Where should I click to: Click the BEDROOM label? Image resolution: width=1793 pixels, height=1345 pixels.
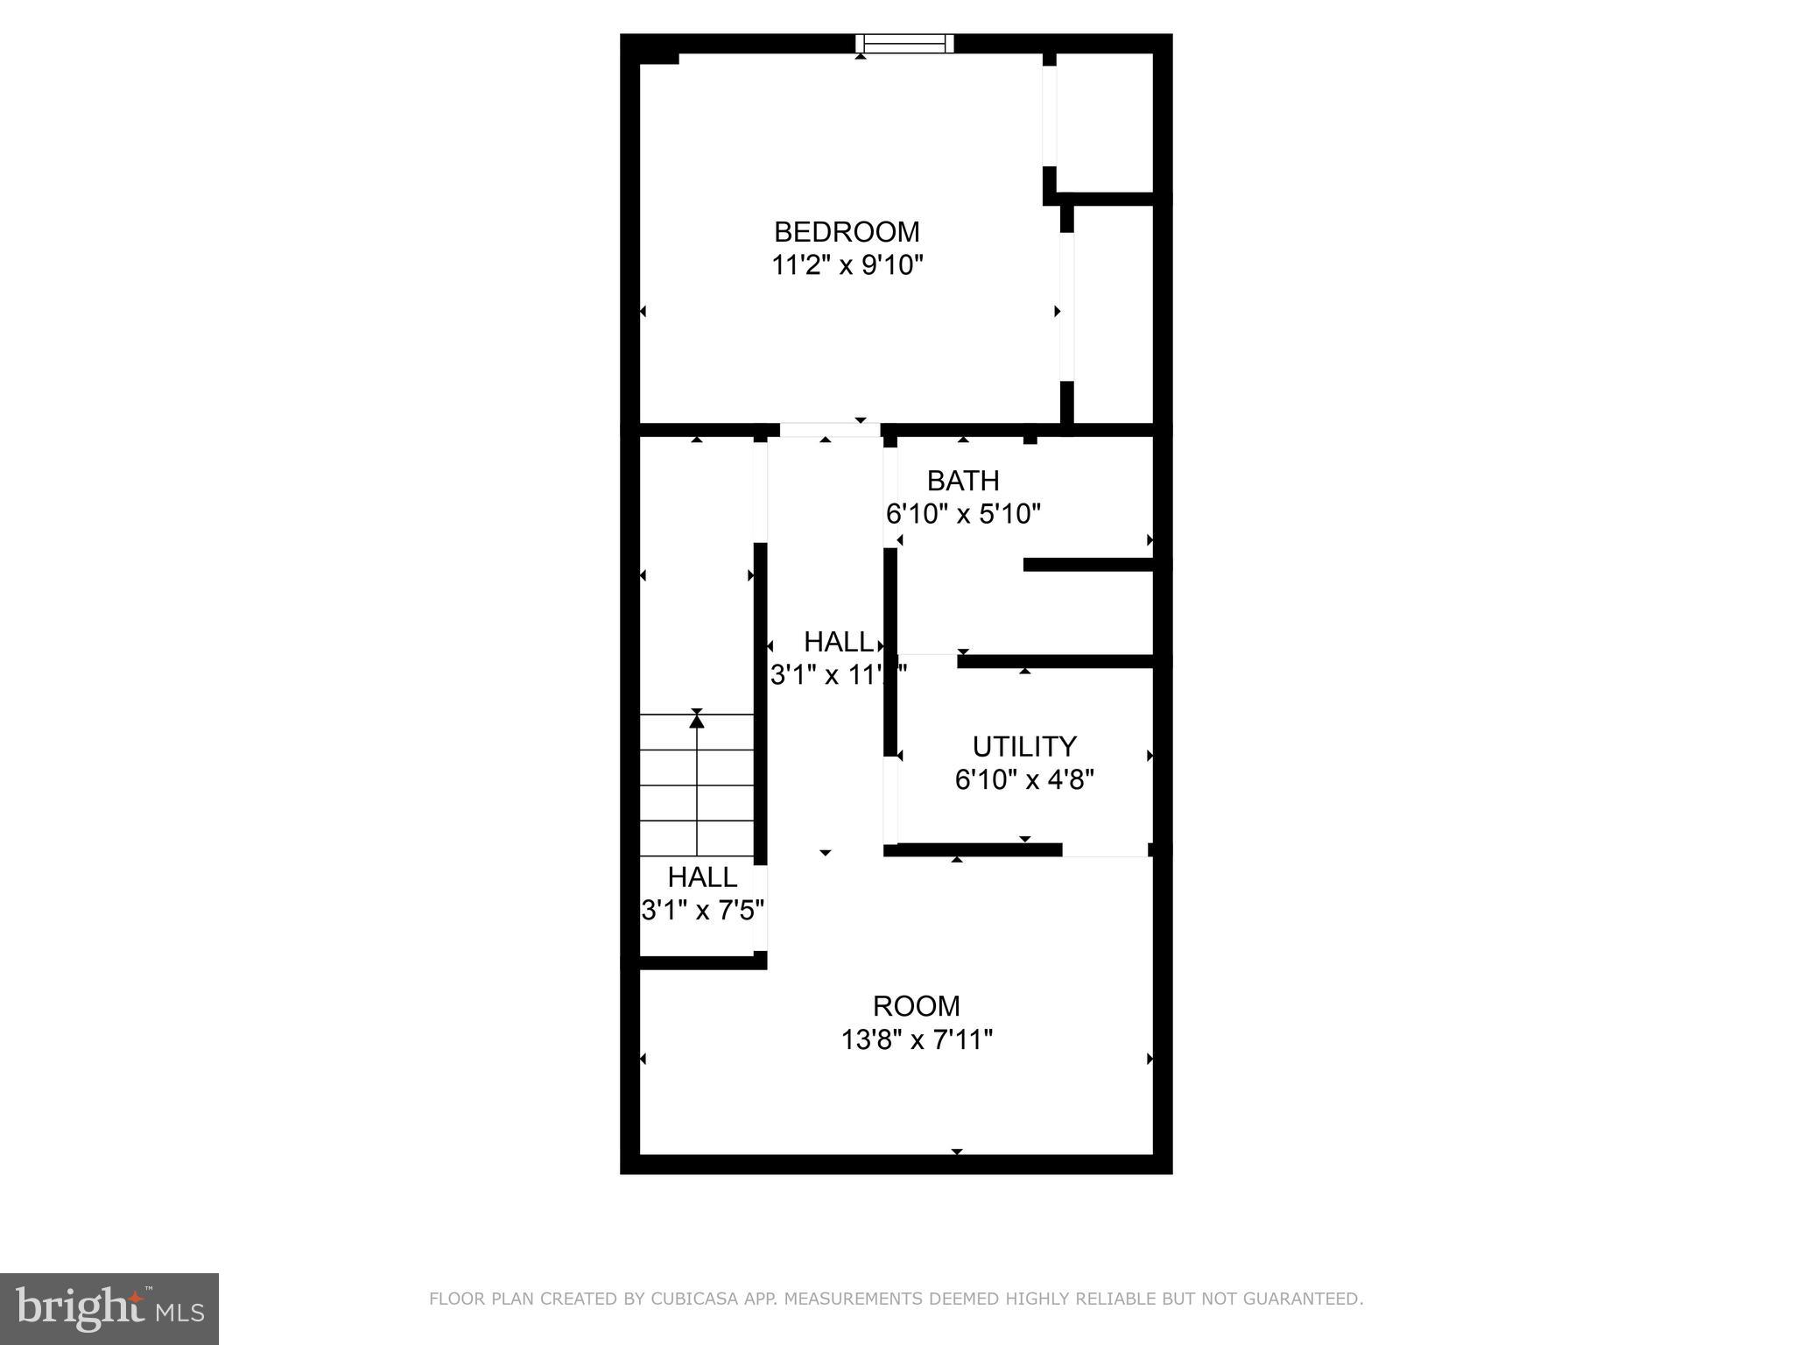[847, 232]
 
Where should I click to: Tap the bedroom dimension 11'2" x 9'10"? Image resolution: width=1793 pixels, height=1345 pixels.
[847, 264]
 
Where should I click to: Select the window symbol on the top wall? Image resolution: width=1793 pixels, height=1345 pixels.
[904, 44]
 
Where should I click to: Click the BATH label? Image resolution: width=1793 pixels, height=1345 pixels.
[963, 481]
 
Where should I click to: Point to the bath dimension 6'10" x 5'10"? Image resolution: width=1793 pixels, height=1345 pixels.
[963, 513]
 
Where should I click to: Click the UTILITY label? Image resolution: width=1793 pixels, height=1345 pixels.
[1024, 746]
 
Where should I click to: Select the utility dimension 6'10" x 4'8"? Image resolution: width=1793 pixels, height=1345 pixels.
[1024, 779]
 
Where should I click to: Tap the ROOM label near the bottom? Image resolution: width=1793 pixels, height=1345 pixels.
[917, 1005]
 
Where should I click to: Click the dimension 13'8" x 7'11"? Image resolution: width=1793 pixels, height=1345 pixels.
[917, 1039]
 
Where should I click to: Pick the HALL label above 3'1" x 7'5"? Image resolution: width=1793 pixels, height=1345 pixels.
[702, 877]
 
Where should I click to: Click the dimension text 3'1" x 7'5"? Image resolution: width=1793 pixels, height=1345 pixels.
[703, 911]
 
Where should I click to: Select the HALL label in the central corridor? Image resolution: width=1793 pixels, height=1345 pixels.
[839, 642]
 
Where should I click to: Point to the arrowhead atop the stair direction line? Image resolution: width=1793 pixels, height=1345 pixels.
[697, 721]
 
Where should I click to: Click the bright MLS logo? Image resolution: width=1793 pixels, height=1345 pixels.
[109, 1308]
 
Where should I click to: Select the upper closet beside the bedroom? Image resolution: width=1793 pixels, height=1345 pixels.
[1104, 123]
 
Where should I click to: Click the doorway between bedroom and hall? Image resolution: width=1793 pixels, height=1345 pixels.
[829, 430]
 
